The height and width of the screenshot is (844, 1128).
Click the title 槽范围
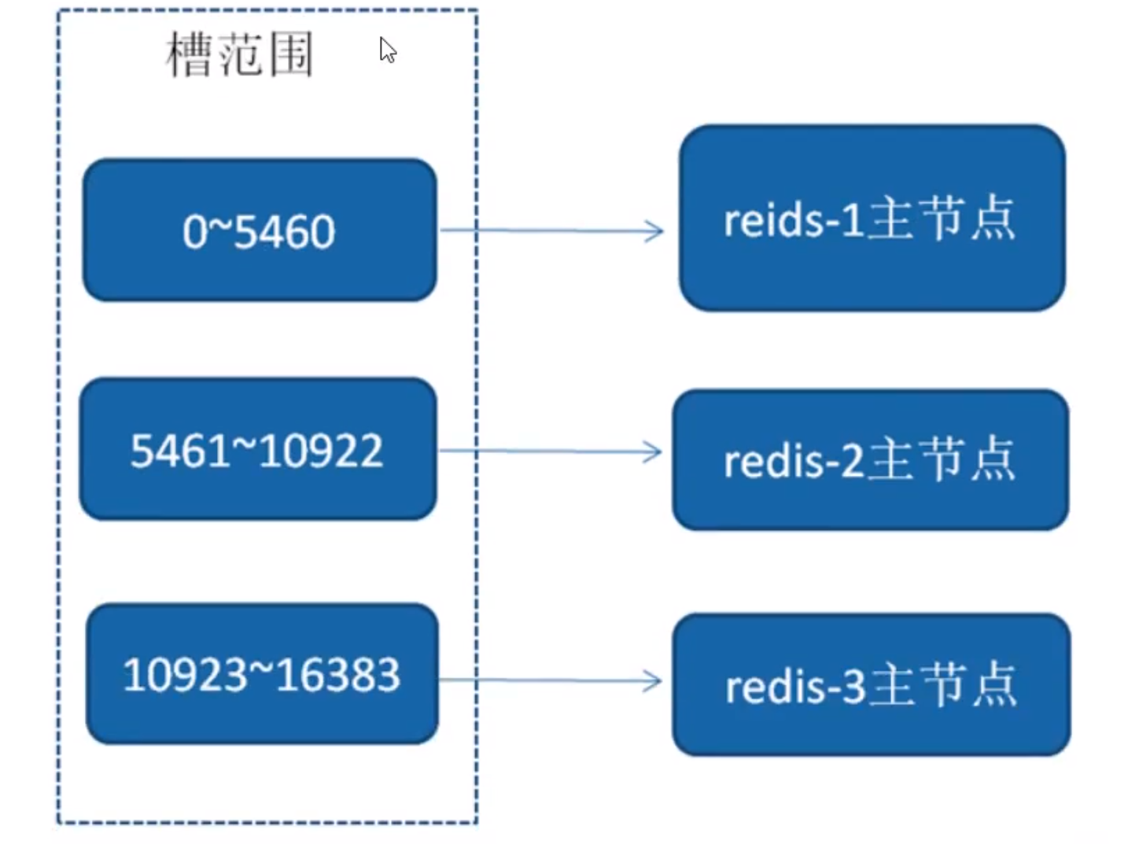click(239, 54)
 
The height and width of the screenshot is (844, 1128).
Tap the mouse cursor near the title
click(388, 50)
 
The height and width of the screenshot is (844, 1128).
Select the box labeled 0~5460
click(260, 230)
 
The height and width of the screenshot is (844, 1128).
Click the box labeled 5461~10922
click(259, 449)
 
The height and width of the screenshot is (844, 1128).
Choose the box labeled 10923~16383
click(262, 674)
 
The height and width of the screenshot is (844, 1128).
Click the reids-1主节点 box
click(872, 218)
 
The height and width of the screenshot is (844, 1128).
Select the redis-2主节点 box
click(871, 460)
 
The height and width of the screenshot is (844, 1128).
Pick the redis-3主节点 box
click(872, 685)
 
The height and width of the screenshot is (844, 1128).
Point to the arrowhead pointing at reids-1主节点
click(654, 230)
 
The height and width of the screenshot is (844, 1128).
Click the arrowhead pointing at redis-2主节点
click(653, 452)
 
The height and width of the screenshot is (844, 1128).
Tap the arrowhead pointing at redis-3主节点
click(653, 681)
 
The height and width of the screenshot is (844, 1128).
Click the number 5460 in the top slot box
click(284, 232)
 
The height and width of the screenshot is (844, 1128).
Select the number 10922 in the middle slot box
click(321, 451)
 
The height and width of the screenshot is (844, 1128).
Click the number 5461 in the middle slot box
click(179, 451)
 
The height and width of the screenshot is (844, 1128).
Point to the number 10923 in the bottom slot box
click(184, 674)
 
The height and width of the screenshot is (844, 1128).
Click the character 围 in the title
click(291, 54)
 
